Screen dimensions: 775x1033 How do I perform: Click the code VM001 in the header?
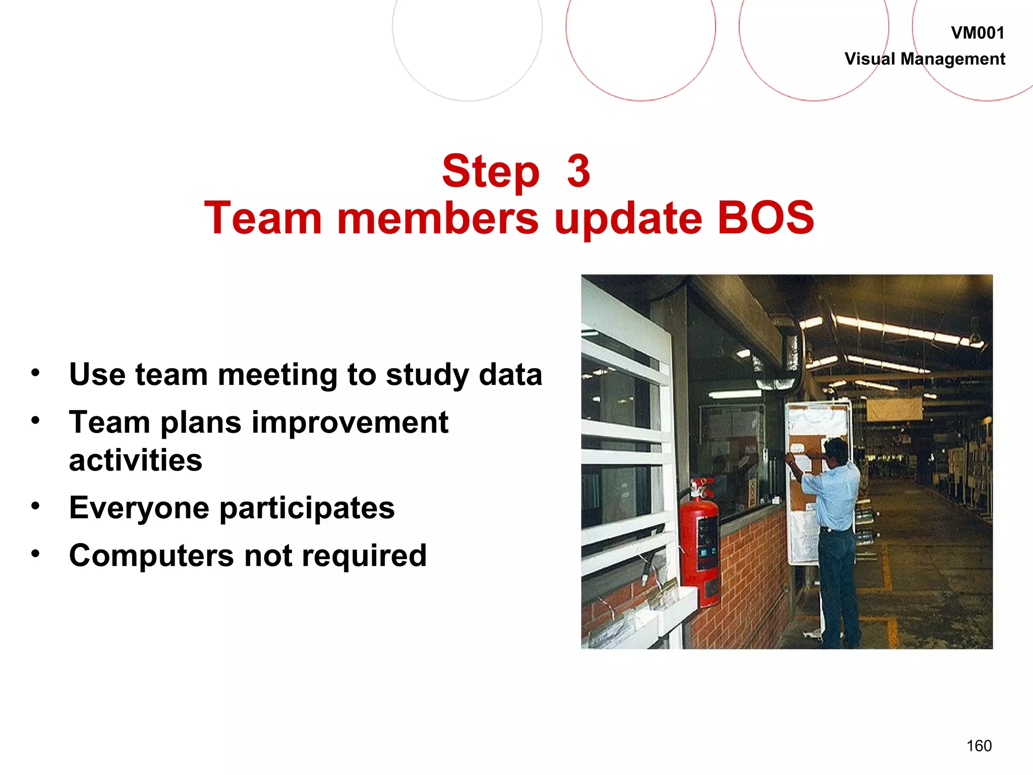tap(977, 33)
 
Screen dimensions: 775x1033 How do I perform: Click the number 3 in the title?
tap(579, 171)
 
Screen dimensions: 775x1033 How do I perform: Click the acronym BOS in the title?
tap(765, 218)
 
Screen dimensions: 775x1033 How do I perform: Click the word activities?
tap(135, 460)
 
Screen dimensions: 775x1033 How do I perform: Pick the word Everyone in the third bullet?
tap(139, 508)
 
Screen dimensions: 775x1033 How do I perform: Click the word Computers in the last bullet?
tap(151, 556)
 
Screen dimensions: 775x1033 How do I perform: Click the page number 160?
tap(979, 746)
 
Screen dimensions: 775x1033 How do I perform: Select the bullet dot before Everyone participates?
tap(35, 505)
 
